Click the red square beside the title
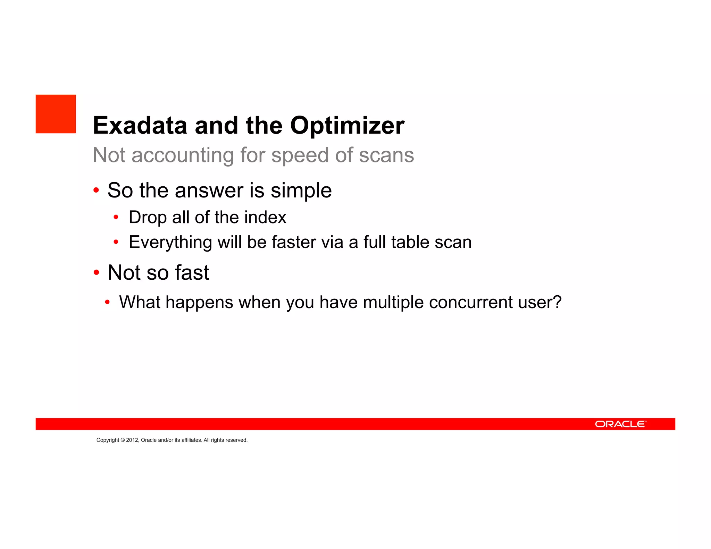(56, 114)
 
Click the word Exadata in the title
(140, 125)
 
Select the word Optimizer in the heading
(347, 125)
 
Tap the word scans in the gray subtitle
(386, 155)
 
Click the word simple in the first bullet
(301, 191)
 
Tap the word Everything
(170, 242)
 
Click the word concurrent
(471, 302)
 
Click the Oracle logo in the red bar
(620, 424)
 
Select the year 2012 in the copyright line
(132, 440)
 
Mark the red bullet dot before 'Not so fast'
(97, 272)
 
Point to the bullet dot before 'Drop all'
(116, 218)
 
